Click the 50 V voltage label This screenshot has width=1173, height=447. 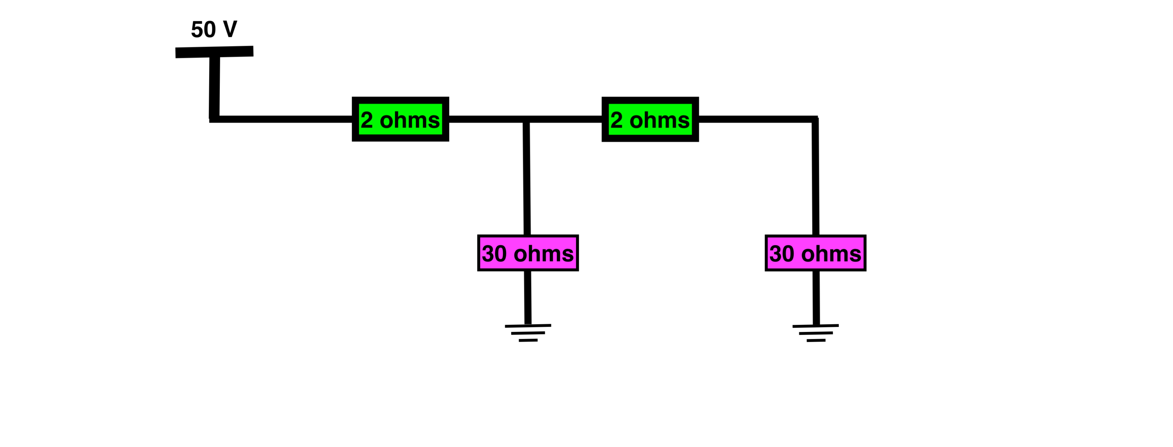(x=214, y=29)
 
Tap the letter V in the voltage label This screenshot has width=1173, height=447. (x=229, y=29)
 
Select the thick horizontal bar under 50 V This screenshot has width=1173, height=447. (x=214, y=52)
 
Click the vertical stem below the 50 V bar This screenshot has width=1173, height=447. (x=214, y=86)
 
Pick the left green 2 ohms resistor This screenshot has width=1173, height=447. (x=400, y=119)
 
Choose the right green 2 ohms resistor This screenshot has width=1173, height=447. (x=650, y=119)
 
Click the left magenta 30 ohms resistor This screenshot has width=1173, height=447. (x=528, y=253)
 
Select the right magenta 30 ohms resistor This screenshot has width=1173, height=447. (x=816, y=253)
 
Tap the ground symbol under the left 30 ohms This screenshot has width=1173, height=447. (x=528, y=333)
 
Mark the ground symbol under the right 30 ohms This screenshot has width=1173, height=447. (x=816, y=333)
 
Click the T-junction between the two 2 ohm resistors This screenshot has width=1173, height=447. (x=526, y=119)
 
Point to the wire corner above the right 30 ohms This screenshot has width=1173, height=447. (x=815, y=119)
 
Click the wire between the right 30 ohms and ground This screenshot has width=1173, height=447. (x=816, y=298)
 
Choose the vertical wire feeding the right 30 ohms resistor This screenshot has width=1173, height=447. (x=815, y=178)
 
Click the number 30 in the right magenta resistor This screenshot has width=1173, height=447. (x=781, y=254)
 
